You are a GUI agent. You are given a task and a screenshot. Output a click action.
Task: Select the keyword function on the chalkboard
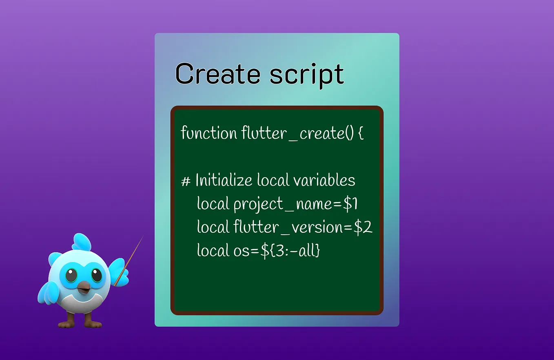click(x=208, y=133)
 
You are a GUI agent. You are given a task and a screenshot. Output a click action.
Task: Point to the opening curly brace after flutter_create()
click(x=361, y=134)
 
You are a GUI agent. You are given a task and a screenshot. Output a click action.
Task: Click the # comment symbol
click(x=186, y=181)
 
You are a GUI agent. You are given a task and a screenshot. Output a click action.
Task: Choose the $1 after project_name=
click(x=350, y=204)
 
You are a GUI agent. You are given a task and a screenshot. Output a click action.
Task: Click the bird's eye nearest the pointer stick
click(x=97, y=276)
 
